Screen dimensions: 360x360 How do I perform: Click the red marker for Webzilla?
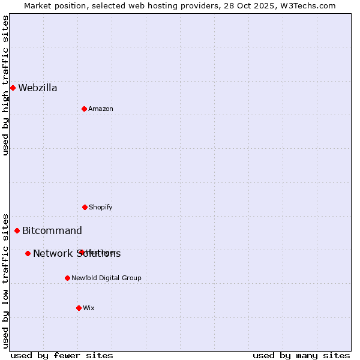13,88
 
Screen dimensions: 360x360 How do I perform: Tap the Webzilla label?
38,88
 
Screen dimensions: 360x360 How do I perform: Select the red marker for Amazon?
84,109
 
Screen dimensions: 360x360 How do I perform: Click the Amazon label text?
101,109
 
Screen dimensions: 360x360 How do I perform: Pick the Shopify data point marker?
85,207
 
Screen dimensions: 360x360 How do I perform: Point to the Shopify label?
101,208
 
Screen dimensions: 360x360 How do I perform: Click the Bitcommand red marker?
17,230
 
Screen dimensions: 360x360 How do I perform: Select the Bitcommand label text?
52,231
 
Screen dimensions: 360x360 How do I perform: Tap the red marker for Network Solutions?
28,253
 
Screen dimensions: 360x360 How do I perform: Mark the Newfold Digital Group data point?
67,278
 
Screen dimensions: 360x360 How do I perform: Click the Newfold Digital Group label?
106,278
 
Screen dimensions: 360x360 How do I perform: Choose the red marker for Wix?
79,308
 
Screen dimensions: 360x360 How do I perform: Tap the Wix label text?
89,308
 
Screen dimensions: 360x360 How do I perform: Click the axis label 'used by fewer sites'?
62,355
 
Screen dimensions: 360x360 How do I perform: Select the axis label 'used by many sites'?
301,355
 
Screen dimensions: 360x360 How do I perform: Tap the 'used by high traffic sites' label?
5,85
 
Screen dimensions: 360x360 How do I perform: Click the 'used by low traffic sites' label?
5,280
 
